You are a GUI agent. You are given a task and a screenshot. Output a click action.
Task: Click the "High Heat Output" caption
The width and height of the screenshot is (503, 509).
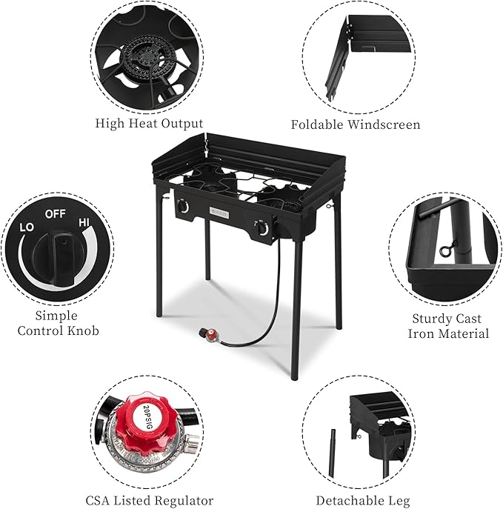coord(149,124)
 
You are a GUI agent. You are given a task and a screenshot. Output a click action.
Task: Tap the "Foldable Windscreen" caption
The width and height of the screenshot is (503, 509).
coord(355,124)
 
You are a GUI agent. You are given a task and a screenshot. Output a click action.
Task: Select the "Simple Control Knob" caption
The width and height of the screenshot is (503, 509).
coord(58,323)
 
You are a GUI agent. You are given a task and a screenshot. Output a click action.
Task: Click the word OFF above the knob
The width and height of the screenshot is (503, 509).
coord(56,213)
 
